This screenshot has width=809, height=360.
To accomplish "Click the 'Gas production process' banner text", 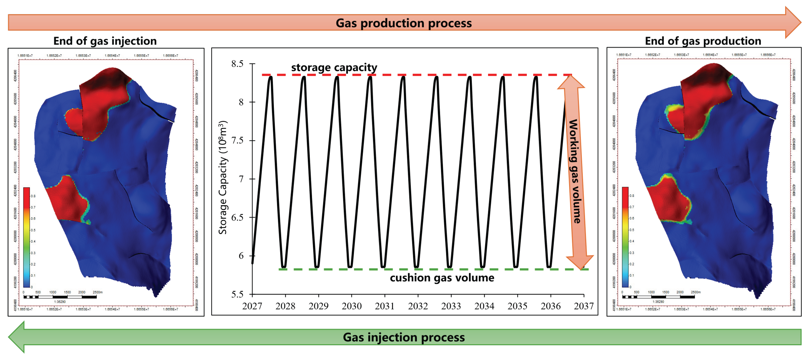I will click(x=404, y=23).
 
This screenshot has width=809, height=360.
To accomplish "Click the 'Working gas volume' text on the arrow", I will click(x=574, y=171).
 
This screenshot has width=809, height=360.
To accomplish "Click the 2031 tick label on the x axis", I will click(x=385, y=306).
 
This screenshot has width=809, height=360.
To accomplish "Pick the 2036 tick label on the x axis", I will click(x=551, y=306).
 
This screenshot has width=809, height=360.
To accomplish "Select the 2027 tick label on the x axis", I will click(x=252, y=306).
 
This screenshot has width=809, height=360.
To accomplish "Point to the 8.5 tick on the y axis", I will click(x=237, y=64).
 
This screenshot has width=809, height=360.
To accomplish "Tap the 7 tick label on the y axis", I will click(x=241, y=179).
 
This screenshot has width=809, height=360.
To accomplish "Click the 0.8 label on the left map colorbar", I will click(x=33, y=196).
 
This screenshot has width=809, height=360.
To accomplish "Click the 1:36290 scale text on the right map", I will click(x=658, y=302).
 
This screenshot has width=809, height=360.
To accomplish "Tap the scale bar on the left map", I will click(x=60, y=296).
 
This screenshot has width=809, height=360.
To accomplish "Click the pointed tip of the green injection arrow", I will click(x=9, y=337).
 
